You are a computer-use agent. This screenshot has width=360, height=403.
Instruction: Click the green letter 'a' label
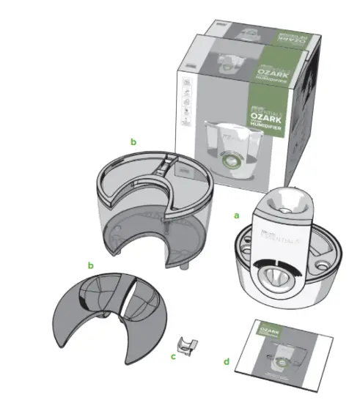(236, 216)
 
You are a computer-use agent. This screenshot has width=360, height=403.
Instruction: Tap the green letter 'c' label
(173, 356)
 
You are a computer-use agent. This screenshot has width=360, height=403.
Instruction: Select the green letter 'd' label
(226, 361)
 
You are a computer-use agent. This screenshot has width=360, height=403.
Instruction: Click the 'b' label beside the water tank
(133, 140)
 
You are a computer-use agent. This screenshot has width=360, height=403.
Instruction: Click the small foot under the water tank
(181, 262)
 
